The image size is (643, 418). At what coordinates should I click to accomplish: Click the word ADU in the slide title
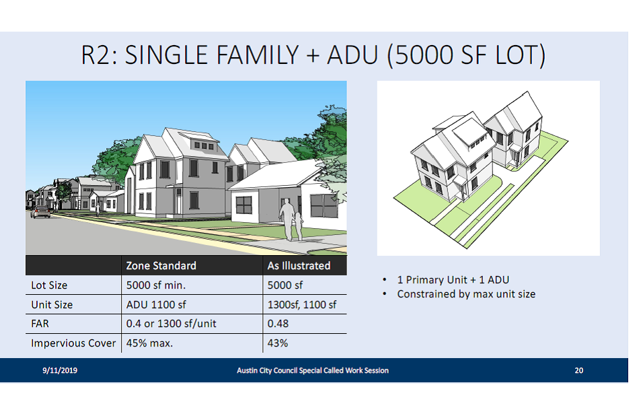tap(352, 55)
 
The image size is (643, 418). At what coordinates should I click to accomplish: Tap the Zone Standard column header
tap(161, 266)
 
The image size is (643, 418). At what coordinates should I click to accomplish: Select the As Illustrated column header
tap(299, 266)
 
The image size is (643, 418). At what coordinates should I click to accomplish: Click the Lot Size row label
tap(49, 285)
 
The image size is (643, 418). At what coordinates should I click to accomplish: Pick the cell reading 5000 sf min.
tap(156, 285)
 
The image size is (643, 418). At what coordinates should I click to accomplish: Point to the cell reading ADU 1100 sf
tap(156, 305)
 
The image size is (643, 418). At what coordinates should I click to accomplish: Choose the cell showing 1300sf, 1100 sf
tap(302, 305)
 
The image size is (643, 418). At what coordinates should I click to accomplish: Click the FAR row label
tap(40, 324)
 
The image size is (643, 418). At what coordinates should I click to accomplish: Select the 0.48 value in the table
tap(278, 324)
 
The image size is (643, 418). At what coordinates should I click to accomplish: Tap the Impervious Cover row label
tap(73, 343)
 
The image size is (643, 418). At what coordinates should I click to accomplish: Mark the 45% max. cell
tap(149, 343)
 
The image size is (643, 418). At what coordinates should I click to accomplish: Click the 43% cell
tap(278, 343)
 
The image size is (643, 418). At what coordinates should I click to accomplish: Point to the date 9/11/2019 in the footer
tap(60, 370)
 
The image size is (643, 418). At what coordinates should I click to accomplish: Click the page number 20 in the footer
tap(578, 370)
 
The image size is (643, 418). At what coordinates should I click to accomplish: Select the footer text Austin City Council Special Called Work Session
tap(313, 370)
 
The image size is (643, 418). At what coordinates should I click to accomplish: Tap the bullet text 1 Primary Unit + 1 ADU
tap(453, 280)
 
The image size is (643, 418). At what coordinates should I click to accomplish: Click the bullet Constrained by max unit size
tap(466, 294)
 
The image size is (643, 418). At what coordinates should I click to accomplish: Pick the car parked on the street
tap(41, 212)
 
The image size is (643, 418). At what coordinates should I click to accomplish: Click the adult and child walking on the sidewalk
tap(291, 220)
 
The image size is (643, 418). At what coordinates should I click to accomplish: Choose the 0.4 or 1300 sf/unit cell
tap(171, 324)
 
